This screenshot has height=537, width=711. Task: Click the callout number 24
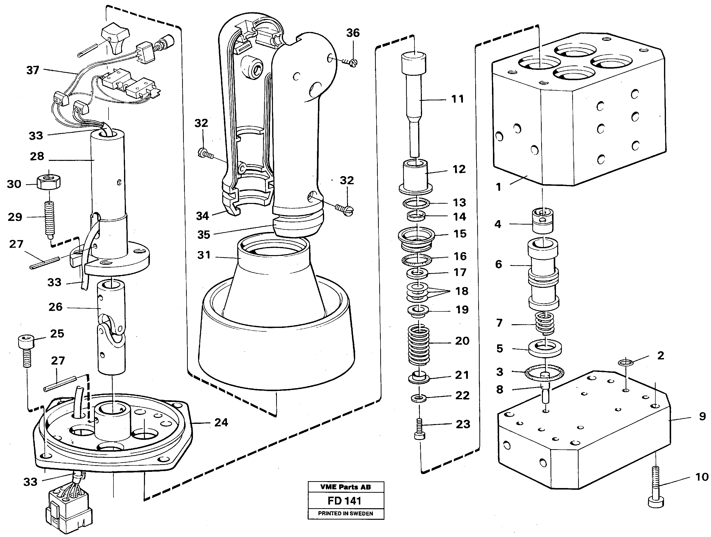pyautogui.click(x=221, y=422)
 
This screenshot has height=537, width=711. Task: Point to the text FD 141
pyautogui.click(x=345, y=501)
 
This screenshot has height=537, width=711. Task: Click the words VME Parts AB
pyautogui.click(x=345, y=487)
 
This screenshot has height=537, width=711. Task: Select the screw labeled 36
pyautogui.click(x=350, y=62)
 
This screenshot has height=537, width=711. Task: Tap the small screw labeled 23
pyautogui.click(x=419, y=429)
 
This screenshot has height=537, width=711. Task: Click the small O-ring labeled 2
pyautogui.click(x=626, y=363)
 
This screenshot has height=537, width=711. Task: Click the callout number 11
pyautogui.click(x=458, y=99)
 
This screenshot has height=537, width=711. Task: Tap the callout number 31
pyautogui.click(x=204, y=255)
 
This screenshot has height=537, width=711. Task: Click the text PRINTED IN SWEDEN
pyautogui.click(x=345, y=514)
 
